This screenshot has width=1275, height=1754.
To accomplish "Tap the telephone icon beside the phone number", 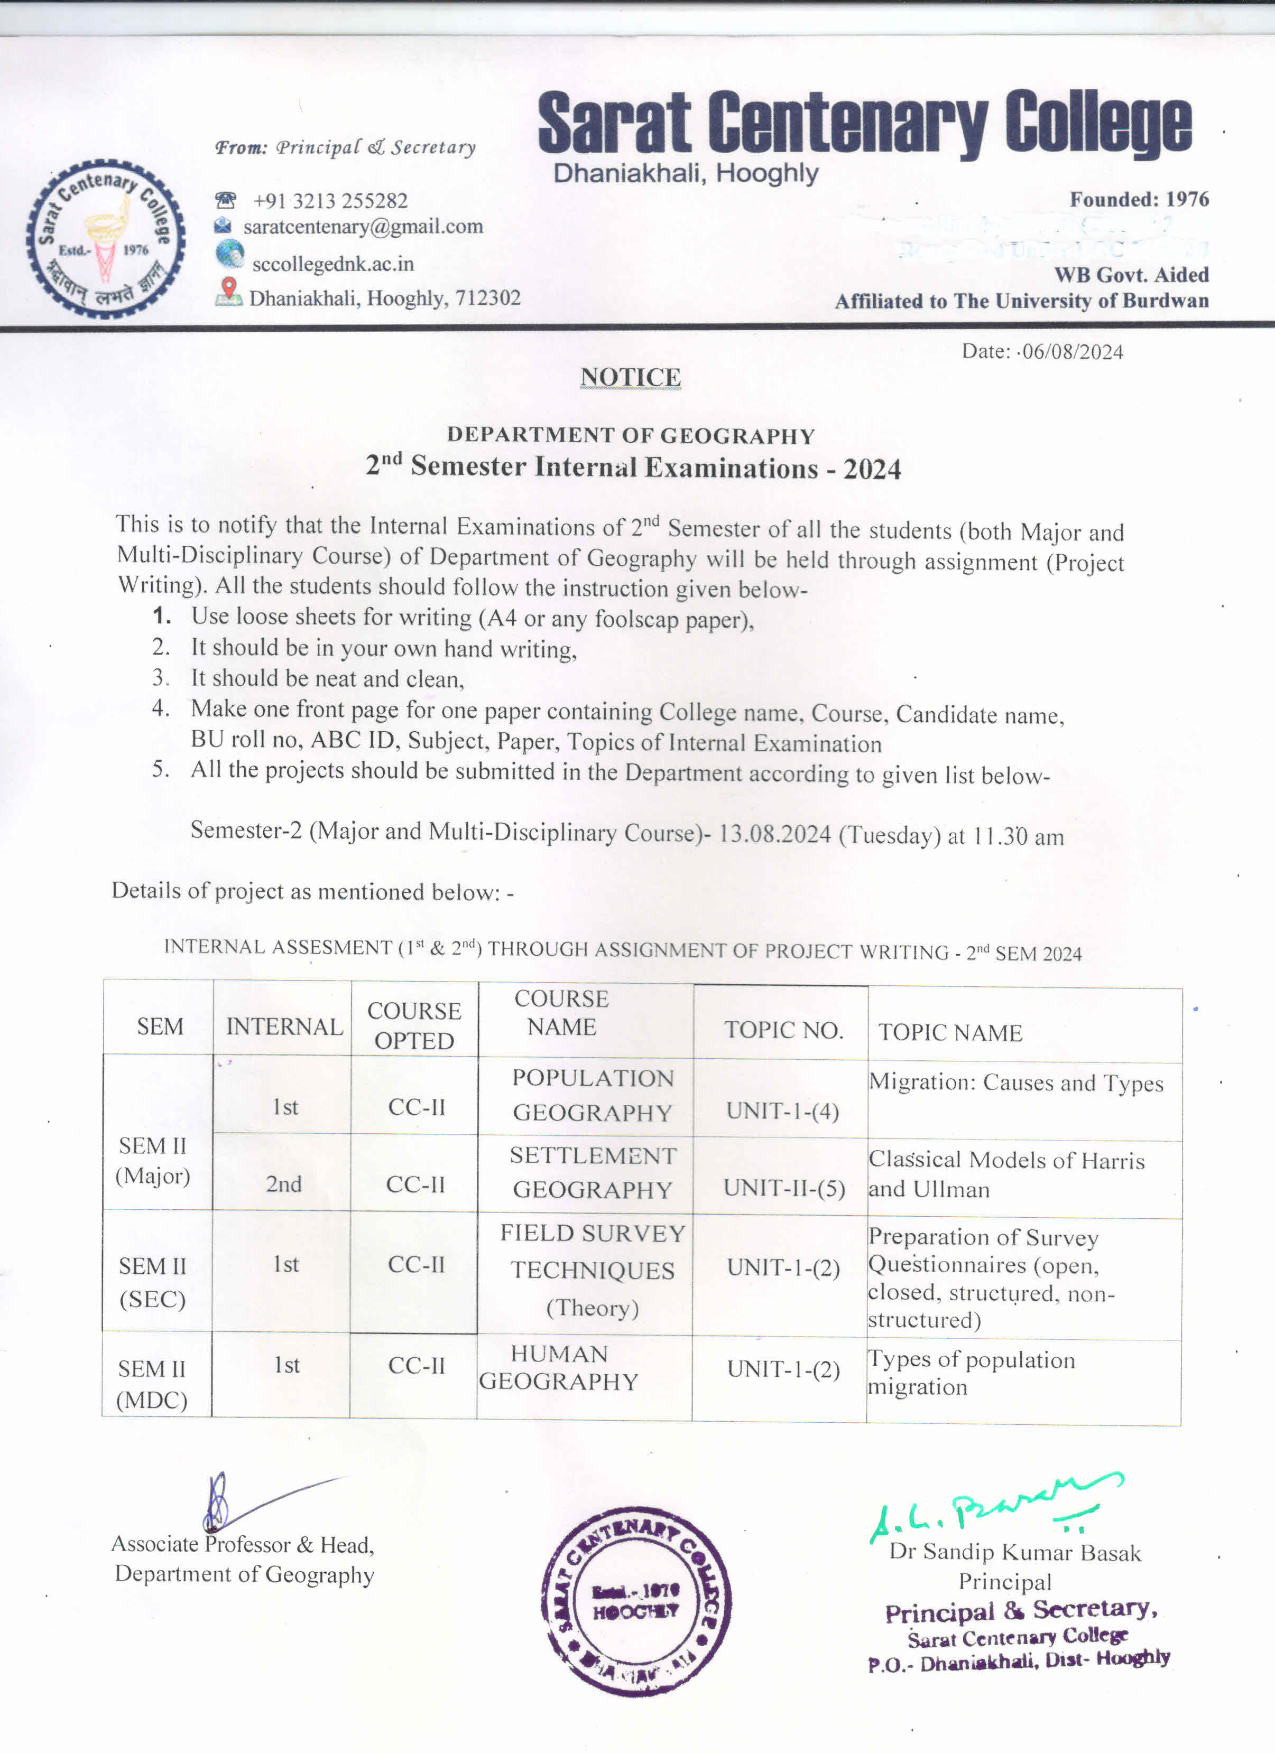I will pos(225,200).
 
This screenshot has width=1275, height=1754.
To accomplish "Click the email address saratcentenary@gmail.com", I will pos(363,227).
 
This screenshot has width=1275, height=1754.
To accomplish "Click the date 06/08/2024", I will pos(1073,352).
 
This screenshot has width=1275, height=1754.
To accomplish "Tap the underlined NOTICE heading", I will pos(631,377).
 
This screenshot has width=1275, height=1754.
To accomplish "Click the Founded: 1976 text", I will pos(1139,200).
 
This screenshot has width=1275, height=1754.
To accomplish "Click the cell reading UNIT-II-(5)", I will pos(784,1188).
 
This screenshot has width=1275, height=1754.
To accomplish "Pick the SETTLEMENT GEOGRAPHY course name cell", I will pos(593,1172).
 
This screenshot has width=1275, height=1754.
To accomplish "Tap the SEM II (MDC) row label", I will pos(152,1384).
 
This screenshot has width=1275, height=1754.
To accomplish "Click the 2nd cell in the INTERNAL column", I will pos(284,1184).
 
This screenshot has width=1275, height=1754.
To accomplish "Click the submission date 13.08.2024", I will pos(774,834).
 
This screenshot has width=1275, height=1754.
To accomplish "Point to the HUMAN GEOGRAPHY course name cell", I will pos(559,1368).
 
